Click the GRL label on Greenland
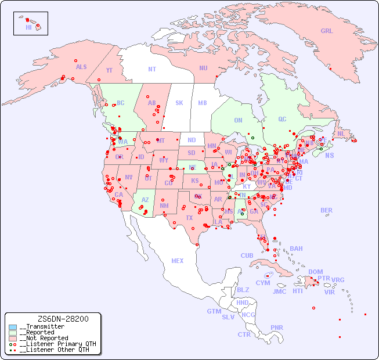327,31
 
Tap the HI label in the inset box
28,27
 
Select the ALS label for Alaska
81,67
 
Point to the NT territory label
152,69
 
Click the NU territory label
203,68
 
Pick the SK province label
179,103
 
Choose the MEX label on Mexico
178,261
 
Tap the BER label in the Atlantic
327,210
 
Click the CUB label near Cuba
247,255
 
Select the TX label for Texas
189,218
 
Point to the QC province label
282,119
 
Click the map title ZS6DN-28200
63,319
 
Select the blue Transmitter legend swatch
13,327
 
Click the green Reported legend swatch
13,333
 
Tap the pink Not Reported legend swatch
13,338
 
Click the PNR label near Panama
277,327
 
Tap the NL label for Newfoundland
341,134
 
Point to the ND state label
192,140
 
